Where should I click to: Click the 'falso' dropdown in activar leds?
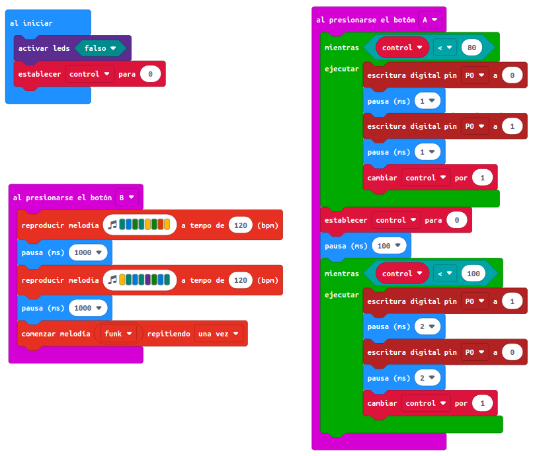pyautogui.click(x=100, y=48)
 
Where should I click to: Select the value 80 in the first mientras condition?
pyautogui.click(x=472, y=48)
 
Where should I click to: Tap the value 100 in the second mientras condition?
pyautogui.click(x=473, y=273)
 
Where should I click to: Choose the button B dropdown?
pyautogui.click(x=126, y=197)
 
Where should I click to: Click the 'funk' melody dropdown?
pyautogui.click(x=120, y=334)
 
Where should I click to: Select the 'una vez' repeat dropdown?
pyautogui.click(x=219, y=334)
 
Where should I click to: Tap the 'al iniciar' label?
pyautogui.click(x=31, y=23)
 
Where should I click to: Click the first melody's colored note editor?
pyautogui.click(x=140, y=225)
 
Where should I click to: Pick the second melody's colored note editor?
pyautogui.click(x=140, y=280)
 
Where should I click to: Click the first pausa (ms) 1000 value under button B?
pyautogui.click(x=88, y=252)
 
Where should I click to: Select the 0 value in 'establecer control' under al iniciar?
pyautogui.click(x=150, y=74)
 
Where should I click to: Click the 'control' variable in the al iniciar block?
pyautogui.click(x=90, y=74)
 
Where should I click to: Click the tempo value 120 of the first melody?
pyautogui.click(x=241, y=225)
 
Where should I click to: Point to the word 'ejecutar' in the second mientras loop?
pyautogui.click(x=341, y=294)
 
